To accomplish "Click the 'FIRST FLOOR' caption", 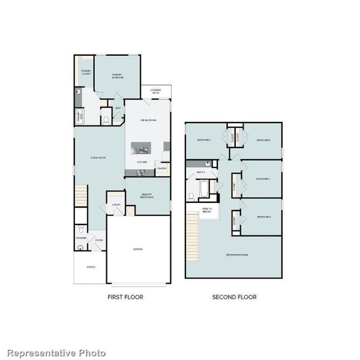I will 125,297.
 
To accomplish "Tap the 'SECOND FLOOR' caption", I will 234,297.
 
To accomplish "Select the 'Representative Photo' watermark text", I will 56,353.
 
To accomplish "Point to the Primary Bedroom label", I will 118,76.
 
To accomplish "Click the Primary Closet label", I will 86,73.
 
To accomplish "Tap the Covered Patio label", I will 155,91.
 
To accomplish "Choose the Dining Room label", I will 148,121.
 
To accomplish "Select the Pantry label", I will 161,169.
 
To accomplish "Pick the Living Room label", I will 98,158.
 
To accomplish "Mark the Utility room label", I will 116,205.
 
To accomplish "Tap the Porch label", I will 91,267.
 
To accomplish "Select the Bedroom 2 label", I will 204,140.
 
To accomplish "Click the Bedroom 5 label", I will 263,217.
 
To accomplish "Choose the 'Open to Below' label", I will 206,210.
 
